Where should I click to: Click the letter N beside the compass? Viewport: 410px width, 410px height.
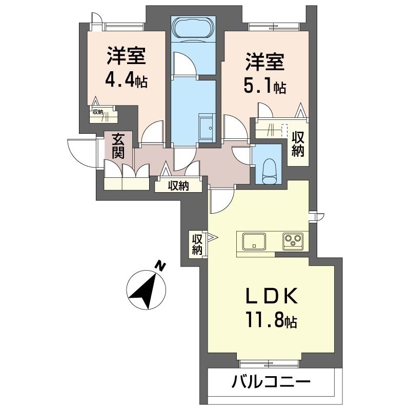[x=161, y=266]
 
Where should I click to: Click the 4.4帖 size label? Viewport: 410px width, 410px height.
[x=126, y=80]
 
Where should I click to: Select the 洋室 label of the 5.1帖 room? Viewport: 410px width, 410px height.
[x=264, y=63]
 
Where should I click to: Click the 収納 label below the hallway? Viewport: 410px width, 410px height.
[x=178, y=186]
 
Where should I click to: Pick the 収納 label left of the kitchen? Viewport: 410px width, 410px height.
[x=197, y=244]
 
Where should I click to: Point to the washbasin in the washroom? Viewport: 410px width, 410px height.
[x=207, y=125]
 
